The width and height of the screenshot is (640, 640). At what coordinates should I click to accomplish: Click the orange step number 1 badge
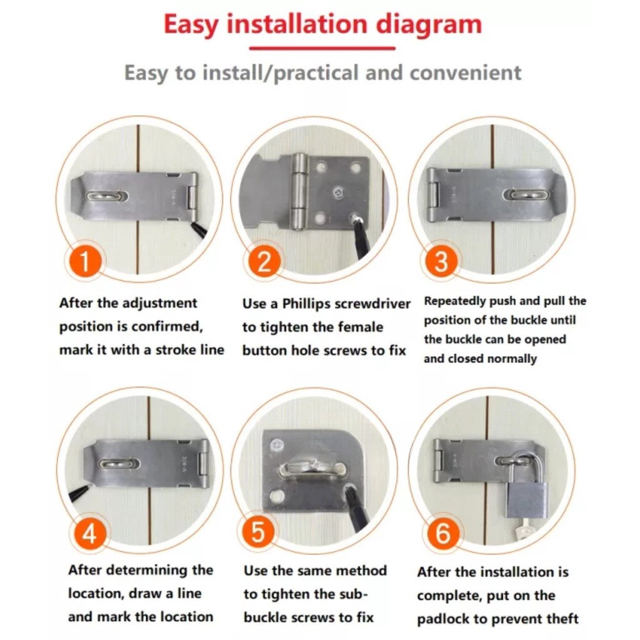85,261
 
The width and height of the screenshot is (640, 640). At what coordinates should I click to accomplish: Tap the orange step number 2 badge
264,261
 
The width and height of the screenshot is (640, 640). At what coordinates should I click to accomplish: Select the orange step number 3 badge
441,261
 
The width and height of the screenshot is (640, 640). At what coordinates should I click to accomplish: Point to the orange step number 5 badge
258,532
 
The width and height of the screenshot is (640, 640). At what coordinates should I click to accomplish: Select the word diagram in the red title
429,24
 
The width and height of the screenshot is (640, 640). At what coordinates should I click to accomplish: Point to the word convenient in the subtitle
465,72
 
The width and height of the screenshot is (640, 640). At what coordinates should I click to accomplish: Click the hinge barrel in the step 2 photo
300,187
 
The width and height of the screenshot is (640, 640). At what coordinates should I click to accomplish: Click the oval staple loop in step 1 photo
107,197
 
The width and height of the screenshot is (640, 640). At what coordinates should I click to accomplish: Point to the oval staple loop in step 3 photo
524,194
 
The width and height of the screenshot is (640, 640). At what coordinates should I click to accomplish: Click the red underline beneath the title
322,49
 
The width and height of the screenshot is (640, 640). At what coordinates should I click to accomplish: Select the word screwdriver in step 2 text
372,304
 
